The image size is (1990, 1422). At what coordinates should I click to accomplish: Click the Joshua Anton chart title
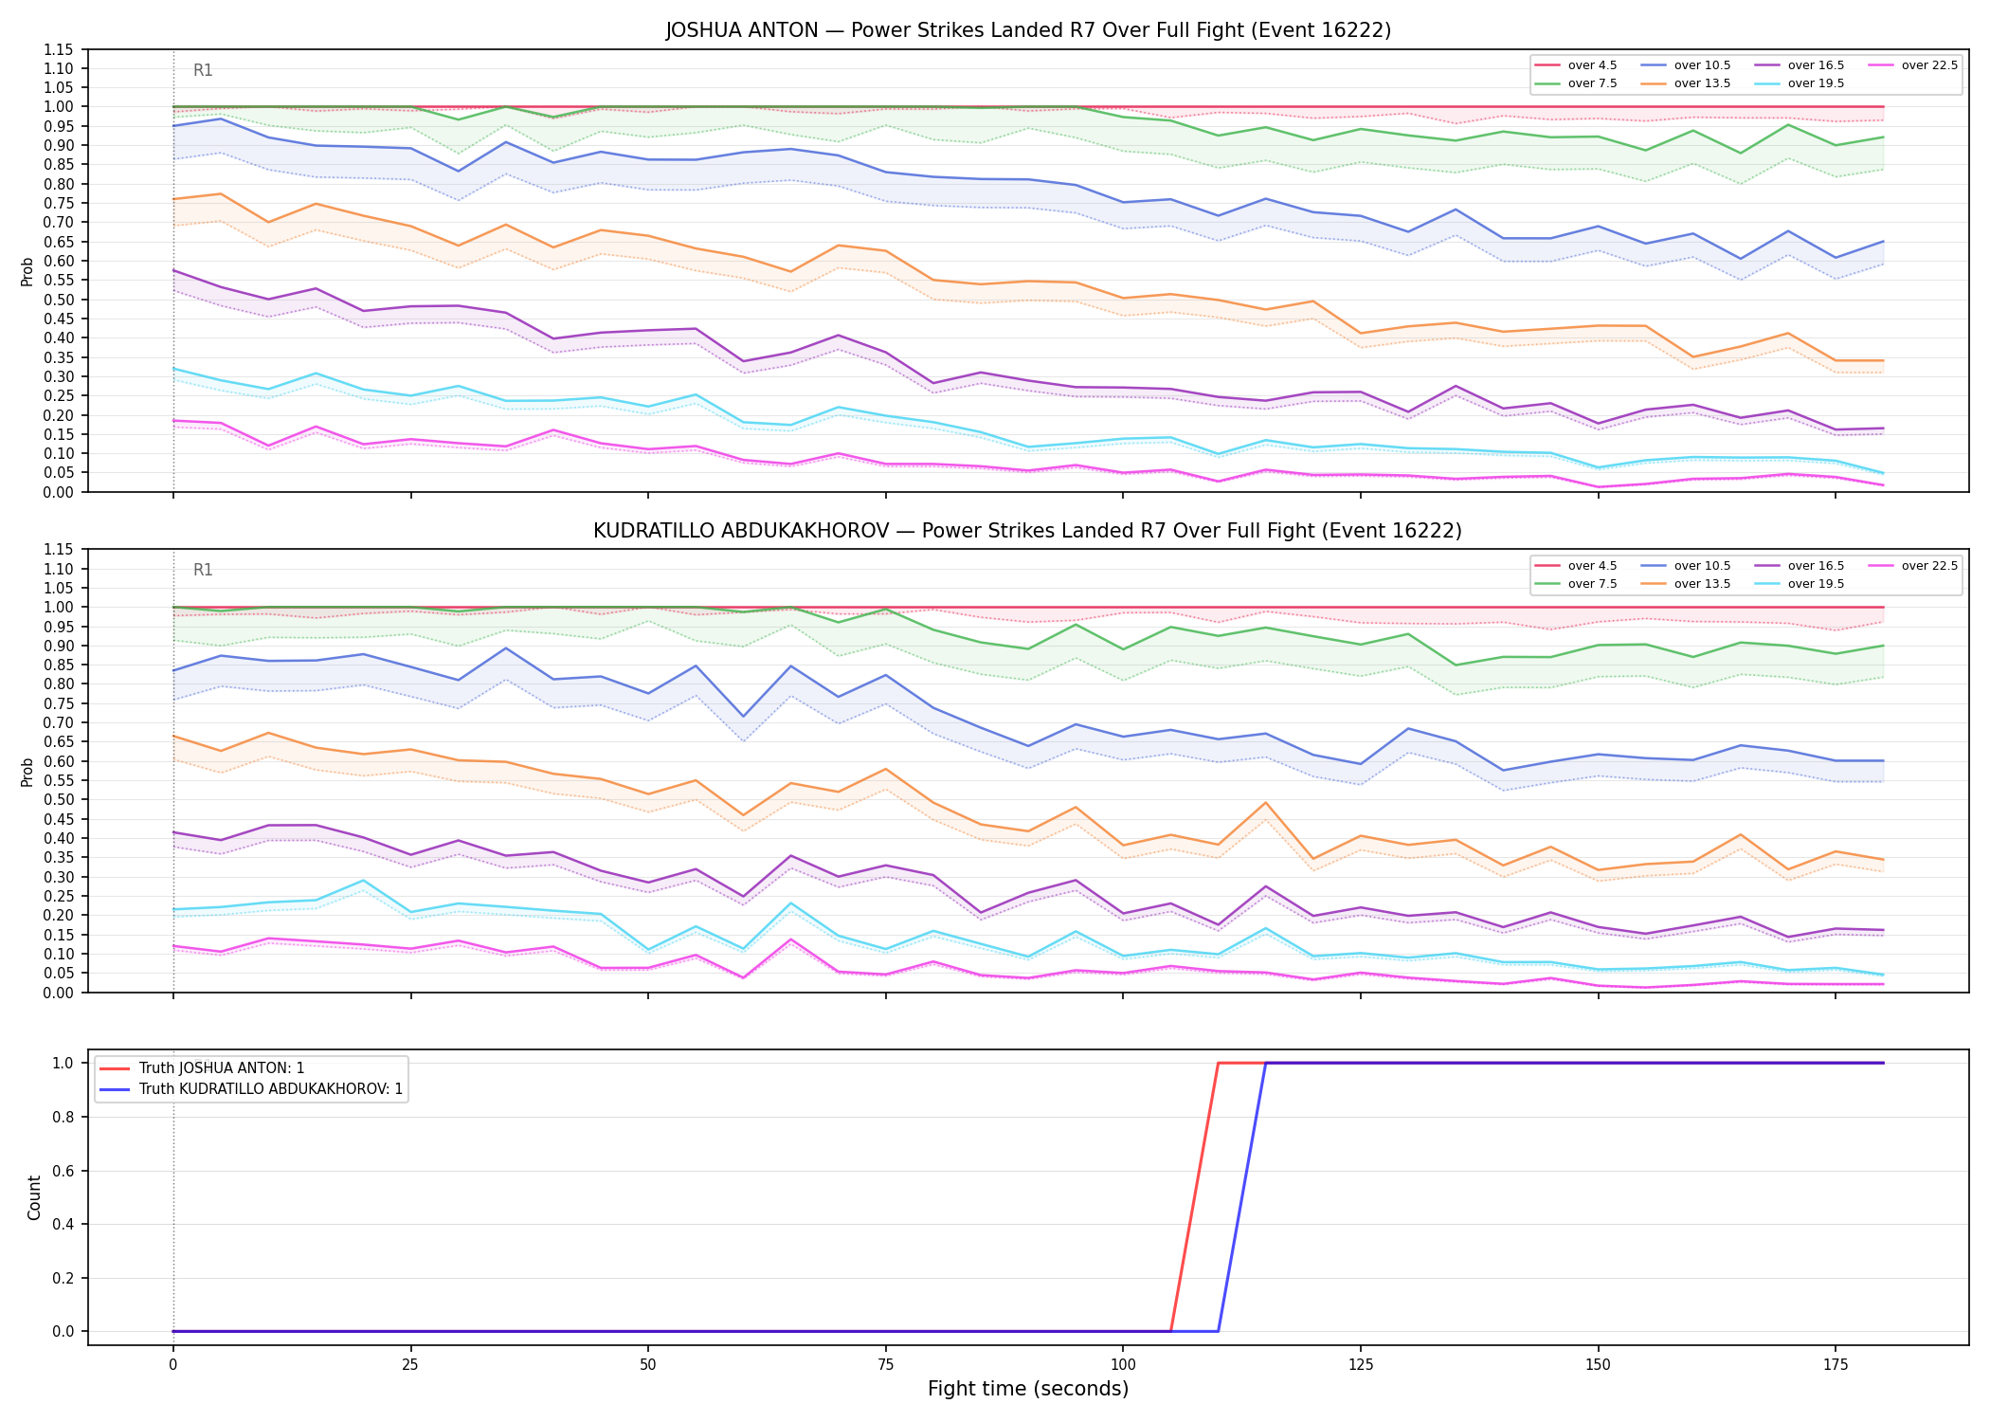click(1028, 30)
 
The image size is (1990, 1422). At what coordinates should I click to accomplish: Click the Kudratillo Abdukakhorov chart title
click(1028, 531)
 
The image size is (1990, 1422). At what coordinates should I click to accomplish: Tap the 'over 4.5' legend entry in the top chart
click(1575, 65)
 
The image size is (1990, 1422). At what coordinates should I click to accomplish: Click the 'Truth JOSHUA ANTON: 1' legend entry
click(202, 1068)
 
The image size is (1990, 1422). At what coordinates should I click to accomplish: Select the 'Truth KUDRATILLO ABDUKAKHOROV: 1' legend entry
click(251, 1089)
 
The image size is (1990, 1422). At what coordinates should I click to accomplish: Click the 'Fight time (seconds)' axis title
click(1028, 1390)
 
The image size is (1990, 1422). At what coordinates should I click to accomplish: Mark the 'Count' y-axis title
click(34, 1197)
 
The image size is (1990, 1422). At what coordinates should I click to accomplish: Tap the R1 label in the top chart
click(203, 70)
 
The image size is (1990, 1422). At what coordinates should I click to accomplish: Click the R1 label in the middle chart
click(203, 570)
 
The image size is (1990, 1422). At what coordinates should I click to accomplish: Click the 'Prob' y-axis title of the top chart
click(27, 271)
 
